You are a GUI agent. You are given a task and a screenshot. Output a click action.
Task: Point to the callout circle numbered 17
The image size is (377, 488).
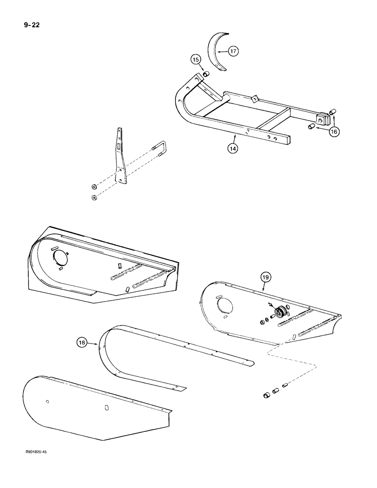(x=233, y=51)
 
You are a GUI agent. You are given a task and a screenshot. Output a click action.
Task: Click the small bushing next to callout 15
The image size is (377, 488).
(x=206, y=74)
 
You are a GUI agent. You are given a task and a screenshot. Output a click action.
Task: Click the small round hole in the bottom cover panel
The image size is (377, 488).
(x=47, y=402)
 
